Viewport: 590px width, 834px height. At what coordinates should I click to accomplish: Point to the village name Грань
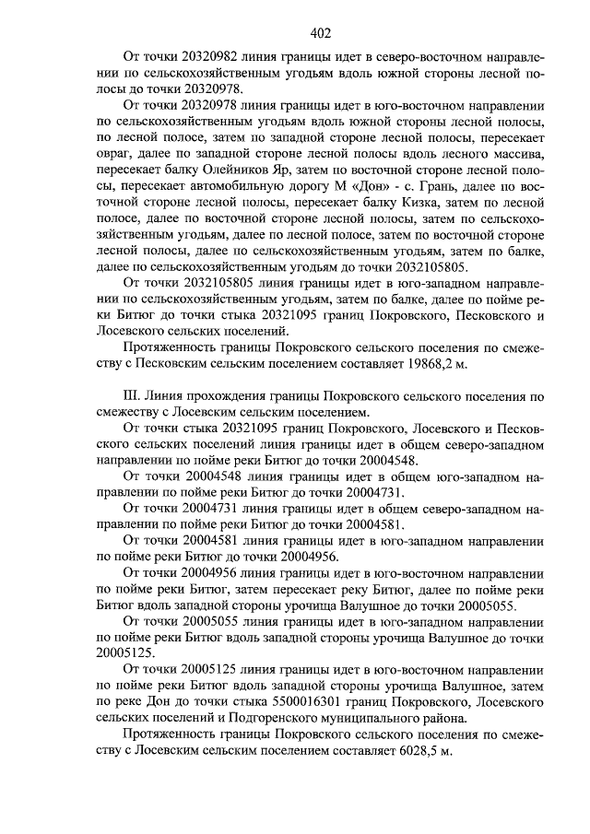415,202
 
